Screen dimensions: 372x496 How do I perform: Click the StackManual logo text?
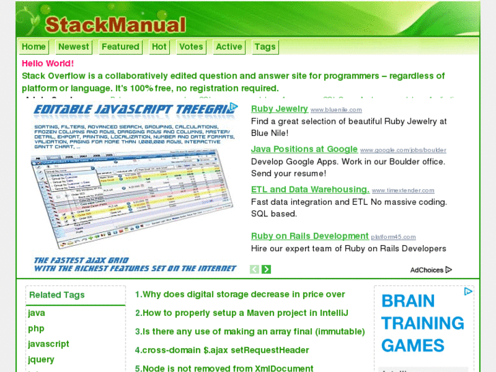pos(115,25)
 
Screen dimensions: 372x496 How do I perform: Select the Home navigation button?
pos(33,46)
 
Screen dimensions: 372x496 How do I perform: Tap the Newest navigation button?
pos(74,46)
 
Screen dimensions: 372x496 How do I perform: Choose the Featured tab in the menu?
pos(120,46)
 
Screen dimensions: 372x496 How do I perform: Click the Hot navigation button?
pos(159,46)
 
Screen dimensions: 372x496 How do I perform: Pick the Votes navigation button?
pos(191,46)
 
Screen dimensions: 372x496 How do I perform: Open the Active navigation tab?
pos(229,46)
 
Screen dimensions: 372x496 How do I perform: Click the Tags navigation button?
pos(265,46)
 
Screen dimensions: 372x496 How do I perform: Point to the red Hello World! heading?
pos(48,63)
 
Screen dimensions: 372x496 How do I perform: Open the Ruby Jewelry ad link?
pos(279,109)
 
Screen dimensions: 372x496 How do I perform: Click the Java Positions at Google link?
pos(304,149)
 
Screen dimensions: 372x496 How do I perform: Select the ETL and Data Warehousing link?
pos(310,189)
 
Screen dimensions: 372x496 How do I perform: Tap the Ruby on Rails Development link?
pos(309,236)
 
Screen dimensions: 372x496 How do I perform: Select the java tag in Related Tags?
pos(37,313)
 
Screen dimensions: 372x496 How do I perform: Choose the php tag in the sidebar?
pos(36,328)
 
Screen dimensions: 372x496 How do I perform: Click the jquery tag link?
pos(41,359)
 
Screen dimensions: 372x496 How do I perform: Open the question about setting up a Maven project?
pos(251,313)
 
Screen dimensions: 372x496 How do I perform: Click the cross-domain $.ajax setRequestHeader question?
pos(222,349)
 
